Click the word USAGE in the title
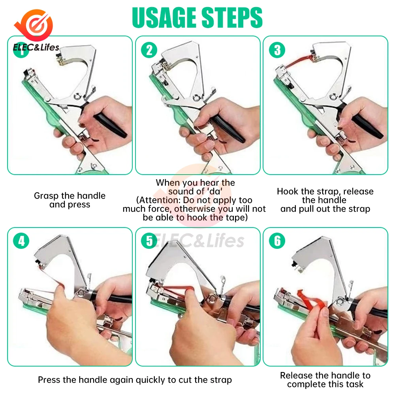tap(164, 17)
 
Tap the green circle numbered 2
tap(149, 50)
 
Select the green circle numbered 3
tap(277, 50)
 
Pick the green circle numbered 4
tap(21, 241)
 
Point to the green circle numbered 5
tap(149, 241)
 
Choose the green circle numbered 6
tap(277, 241)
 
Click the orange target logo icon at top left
tap(35, 25)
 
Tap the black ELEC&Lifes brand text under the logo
tap(36, 47)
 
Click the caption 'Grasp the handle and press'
tap(70, 200)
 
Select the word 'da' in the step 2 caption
tap(215, 192)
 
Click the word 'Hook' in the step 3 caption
tap(288, 192)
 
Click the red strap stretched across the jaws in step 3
tap(299, 62)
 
